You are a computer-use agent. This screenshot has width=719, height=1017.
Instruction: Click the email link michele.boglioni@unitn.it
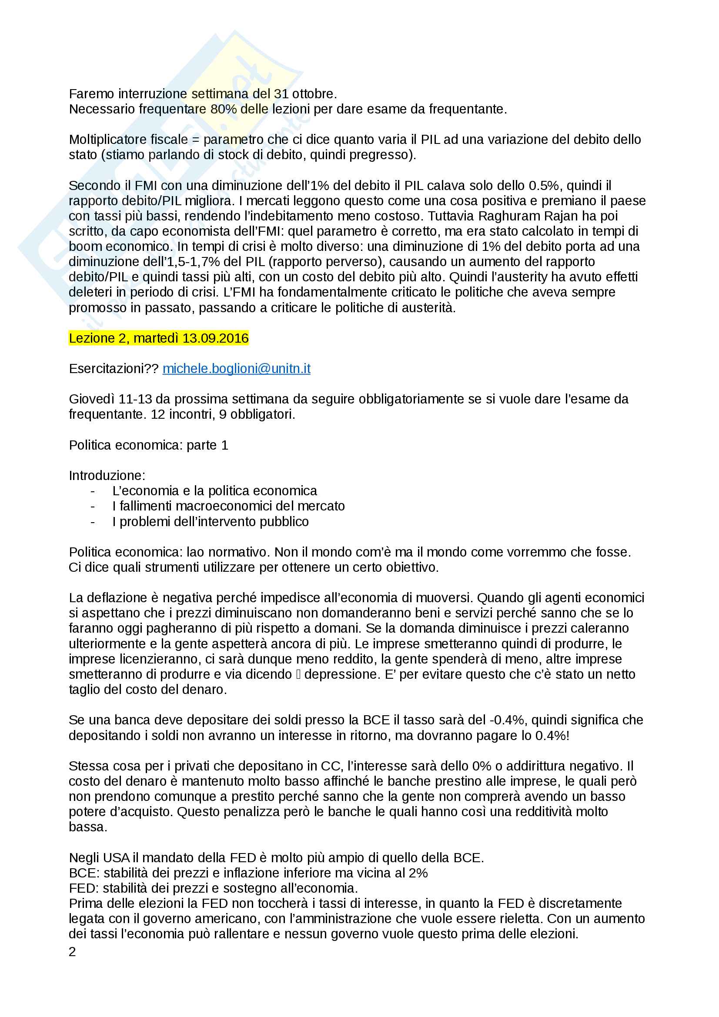pos(236,369)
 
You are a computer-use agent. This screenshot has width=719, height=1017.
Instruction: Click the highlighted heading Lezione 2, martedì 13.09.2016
pos(159,338)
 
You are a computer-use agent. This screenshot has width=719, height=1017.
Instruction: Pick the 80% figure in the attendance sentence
pos(223,109)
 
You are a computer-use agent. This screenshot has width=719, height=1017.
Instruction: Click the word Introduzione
pos(107,475)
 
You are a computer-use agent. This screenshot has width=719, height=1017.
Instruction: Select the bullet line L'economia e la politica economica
pos(214,491)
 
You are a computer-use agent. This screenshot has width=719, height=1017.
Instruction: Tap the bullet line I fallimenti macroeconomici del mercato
pos(228,506)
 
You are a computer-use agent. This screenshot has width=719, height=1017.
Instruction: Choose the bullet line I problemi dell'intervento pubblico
pos(210,521)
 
